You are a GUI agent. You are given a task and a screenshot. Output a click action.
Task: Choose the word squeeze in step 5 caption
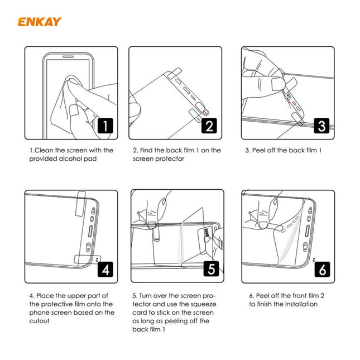[x=204, y=304]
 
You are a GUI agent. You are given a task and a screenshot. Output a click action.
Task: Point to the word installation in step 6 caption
[x=299, y=304]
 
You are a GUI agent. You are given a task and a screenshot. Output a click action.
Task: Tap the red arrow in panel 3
[x=289, y=99]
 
